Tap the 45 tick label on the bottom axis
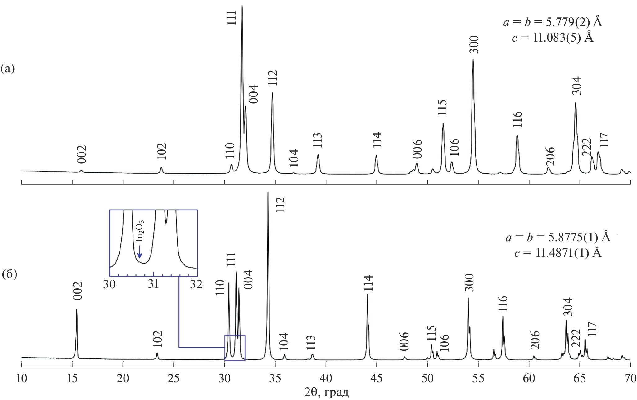click(377, 378)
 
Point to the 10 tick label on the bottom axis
click(21, 378)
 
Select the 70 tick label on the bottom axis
click(630, 378)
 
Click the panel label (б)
click(9, 275)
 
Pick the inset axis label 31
click(153, 284)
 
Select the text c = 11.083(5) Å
click(553, 38)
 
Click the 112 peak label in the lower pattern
click(280, 205)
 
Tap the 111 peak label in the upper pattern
click(232, 17)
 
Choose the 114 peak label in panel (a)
click(377, 140)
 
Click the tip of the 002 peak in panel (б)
click(76, 309)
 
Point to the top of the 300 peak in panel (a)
click(473, 60)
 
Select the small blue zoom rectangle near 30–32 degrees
click(235, 348)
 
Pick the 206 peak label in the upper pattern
click(550, 157)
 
